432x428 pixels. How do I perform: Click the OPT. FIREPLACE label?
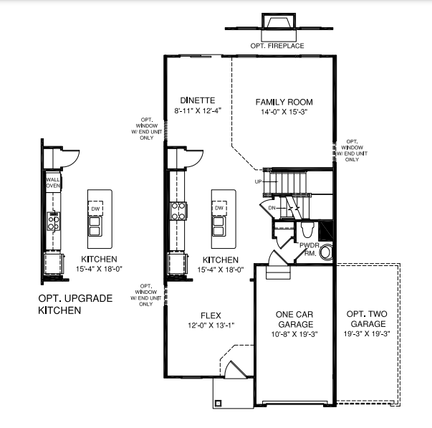click(x=277, y=46)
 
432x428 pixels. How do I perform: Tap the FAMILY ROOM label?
click(x=284, y=102)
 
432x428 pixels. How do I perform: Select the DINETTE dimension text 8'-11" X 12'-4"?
click(x=198, y=111)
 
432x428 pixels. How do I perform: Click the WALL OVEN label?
click(x=53, y=183)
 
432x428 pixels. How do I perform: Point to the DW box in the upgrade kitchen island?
click(x=95, y=209)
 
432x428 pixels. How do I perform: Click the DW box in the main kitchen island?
click(x=219, y=208)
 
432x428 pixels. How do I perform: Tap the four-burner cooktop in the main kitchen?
click(x=178, y=211)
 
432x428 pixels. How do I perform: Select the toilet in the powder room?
click(x=307, y=229)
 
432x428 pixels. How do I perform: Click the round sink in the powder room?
click(x=326, y=252)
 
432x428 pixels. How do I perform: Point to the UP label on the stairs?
click(x=258, y=181)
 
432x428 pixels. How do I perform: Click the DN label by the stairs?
click(x=272, y=208)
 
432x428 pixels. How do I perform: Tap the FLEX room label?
click(x=211, y=315)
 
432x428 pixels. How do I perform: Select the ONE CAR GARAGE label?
click(x=294, y=319)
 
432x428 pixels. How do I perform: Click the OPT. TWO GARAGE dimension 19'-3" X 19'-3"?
click(x=367, y=333)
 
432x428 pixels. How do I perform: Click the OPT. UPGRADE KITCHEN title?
click(x=75, y=304)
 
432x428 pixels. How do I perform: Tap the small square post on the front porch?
click(x=219, y=404)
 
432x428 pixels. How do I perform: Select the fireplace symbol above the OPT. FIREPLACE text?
click(x=279, y=21)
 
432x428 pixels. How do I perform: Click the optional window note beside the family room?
click(x=352, y=151)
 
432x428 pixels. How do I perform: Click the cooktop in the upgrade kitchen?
click(x=54, y=222)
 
